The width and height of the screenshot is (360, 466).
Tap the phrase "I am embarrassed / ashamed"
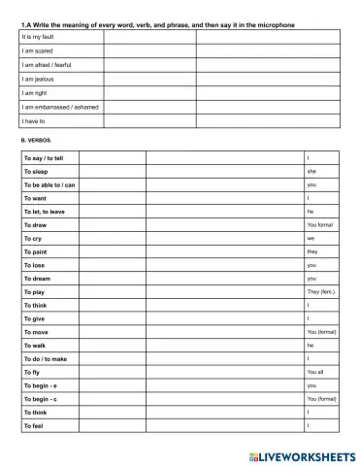[x=59, y=107]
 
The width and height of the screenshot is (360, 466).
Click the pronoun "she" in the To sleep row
[x=311, y=171]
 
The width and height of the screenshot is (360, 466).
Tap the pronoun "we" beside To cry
[x=311, y=238]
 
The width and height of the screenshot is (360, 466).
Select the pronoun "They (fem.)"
[x=321, y=291]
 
